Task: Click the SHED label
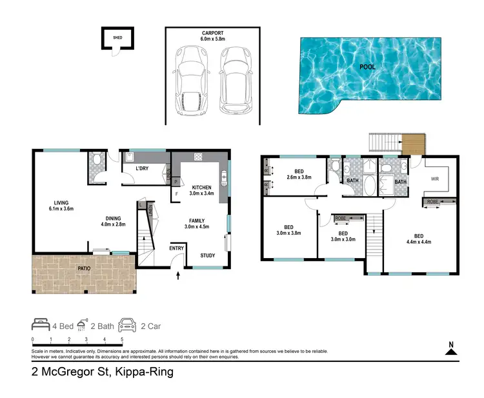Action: (x=117, y=37)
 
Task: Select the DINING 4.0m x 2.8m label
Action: (x=112, y=221)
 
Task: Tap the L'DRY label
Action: (x=143, y=170)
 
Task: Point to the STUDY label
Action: (x=208, y=255)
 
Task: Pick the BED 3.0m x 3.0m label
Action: (x=343, y=237)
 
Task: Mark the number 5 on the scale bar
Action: (x=122, y=339)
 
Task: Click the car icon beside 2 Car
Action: (x=126, y=325)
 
